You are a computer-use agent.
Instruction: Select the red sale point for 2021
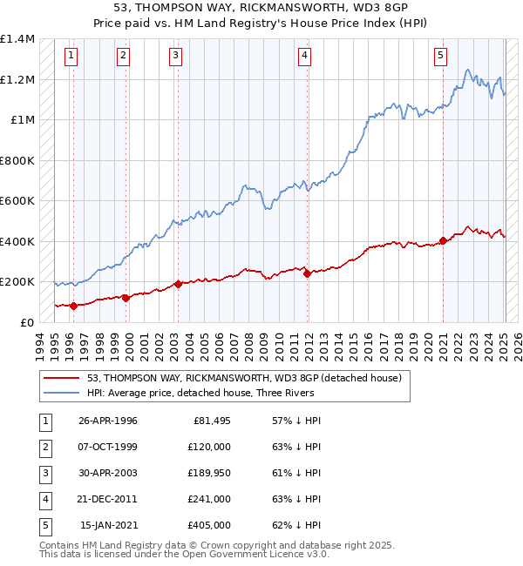point(443,240)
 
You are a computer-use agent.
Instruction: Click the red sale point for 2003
point(178,284)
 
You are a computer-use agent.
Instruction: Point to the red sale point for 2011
point(307,273)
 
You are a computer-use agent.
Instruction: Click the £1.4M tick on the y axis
point(17,39)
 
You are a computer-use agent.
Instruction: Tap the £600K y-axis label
point(17,201)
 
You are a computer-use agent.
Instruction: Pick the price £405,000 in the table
point(209,525)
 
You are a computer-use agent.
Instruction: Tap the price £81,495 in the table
point(212,421)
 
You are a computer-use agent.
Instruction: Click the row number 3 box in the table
point(44,473)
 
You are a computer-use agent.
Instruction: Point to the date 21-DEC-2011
point(108,499)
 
